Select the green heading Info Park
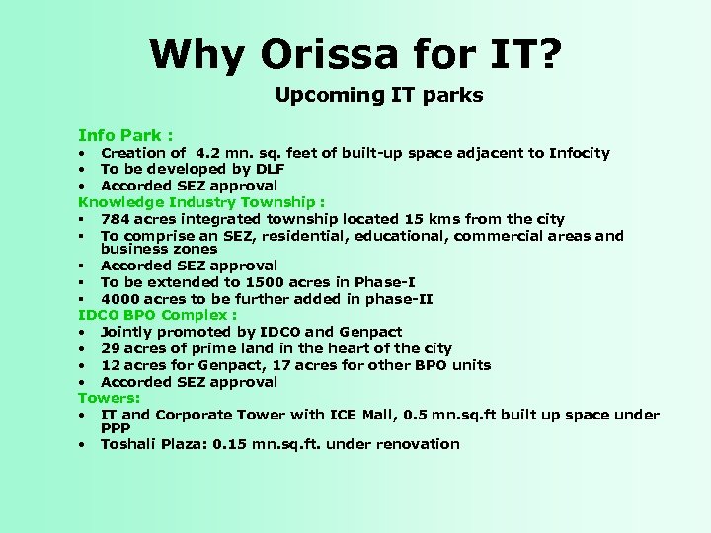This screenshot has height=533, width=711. point(126,133)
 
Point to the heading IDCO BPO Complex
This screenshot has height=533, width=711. point(157,315)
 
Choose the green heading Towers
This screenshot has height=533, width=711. point(111,398)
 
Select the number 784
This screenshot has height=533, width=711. point(116,218)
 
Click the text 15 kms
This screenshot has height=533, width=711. point(431,218)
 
